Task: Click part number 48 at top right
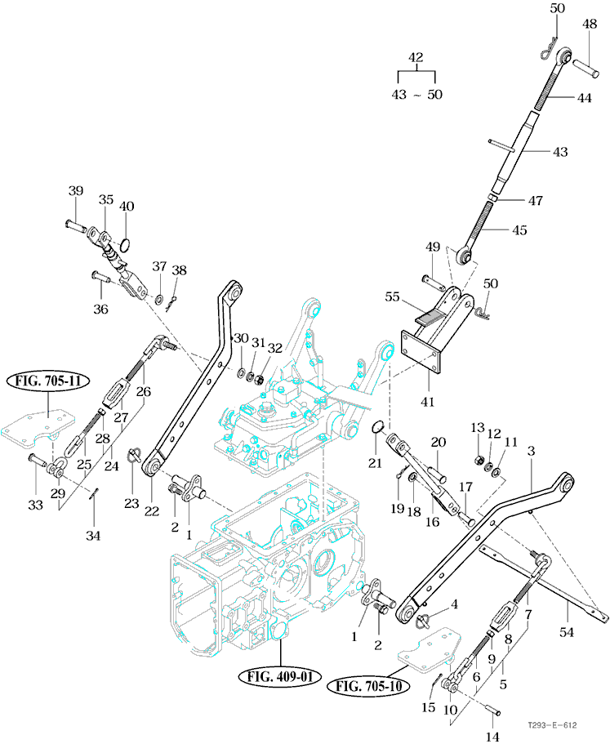[x=590, y=26]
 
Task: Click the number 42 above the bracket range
[x=416, y=58]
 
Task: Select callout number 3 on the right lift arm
[x=531, y=451]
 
